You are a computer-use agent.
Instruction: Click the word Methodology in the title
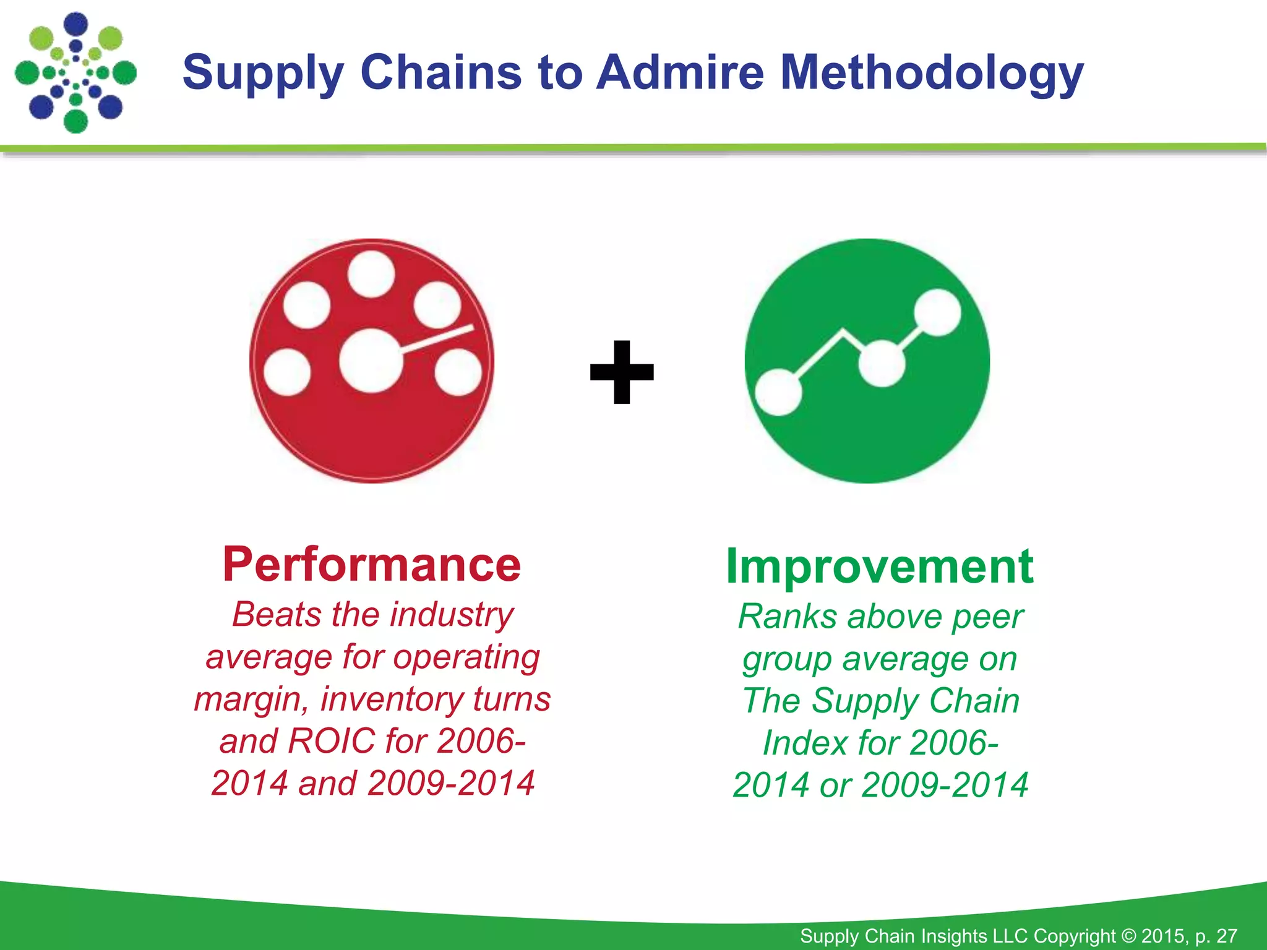click(931, 73)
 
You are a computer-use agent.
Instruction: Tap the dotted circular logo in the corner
click(75, 72)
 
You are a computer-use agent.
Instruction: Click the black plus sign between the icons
click(622, 372)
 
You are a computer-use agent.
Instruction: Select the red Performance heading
click(372, 564)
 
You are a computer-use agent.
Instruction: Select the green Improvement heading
click(879, 566)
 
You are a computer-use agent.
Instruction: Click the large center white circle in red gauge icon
click(371, 361)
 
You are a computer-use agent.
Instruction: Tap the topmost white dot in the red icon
click(371, 274)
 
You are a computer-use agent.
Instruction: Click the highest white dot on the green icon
click(937, 312)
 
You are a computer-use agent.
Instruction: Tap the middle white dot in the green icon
click(882, 364)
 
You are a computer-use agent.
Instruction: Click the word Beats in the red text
click(277, 615)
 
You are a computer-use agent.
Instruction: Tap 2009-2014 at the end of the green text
click(945, 785)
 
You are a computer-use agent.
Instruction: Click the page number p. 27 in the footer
click(1216, 936)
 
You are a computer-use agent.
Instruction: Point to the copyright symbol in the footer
click(1128, 936)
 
